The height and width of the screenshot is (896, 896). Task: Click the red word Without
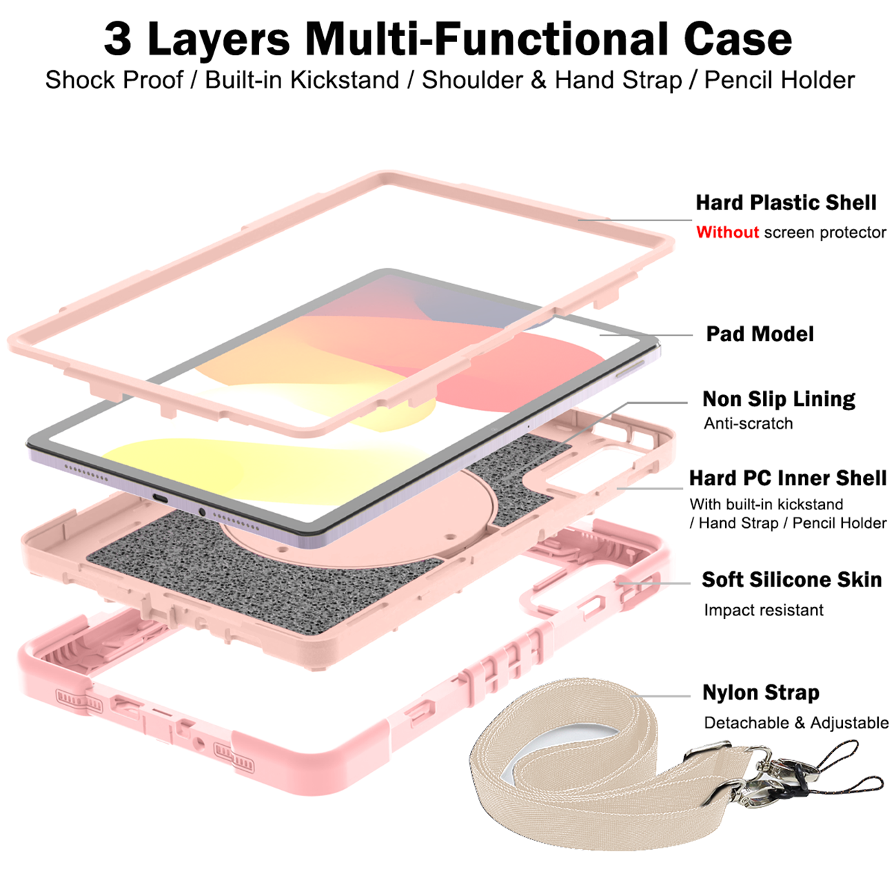(x=727, y=232)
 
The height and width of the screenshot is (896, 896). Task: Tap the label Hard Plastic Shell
(x=786, y=202)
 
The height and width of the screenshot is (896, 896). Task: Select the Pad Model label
(x=760, y=334)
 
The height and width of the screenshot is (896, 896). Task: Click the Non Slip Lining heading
(x=778, y=399)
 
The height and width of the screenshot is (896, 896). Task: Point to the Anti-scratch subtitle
(x=748, y=423)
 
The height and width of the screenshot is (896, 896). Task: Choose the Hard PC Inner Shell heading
(x=788, y=478)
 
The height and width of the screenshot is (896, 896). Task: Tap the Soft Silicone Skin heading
(x=791, y=580)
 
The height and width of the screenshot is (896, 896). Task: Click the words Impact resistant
(x=764, y=609)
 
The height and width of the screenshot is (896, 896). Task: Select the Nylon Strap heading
(x=761, y=693)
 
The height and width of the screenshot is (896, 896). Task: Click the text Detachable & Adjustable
(x=796, y=722)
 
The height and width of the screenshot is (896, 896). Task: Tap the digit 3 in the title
(x=117, y=39)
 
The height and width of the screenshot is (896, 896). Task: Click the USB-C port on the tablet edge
(x=161, y=498)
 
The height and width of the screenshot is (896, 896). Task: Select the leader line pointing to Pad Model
(x=646, y=335)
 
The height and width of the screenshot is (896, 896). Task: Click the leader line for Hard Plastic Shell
(x=635, y=220)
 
